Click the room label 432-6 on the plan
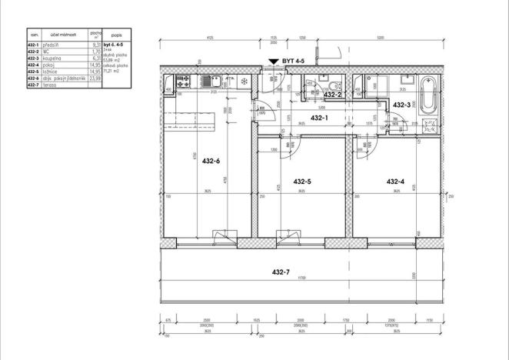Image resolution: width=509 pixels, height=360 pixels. (211, 162)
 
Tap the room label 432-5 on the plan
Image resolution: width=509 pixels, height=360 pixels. (302, 182)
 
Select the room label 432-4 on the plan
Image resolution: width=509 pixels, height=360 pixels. (395, 182)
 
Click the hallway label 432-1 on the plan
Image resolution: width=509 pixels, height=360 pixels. (318, 118)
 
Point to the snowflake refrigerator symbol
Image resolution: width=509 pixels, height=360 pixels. (245, 82)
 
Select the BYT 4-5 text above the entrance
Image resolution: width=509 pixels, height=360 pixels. (294, 59)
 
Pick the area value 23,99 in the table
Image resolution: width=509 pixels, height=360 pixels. (95, 78)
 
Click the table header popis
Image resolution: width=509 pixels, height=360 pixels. (115, 35)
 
